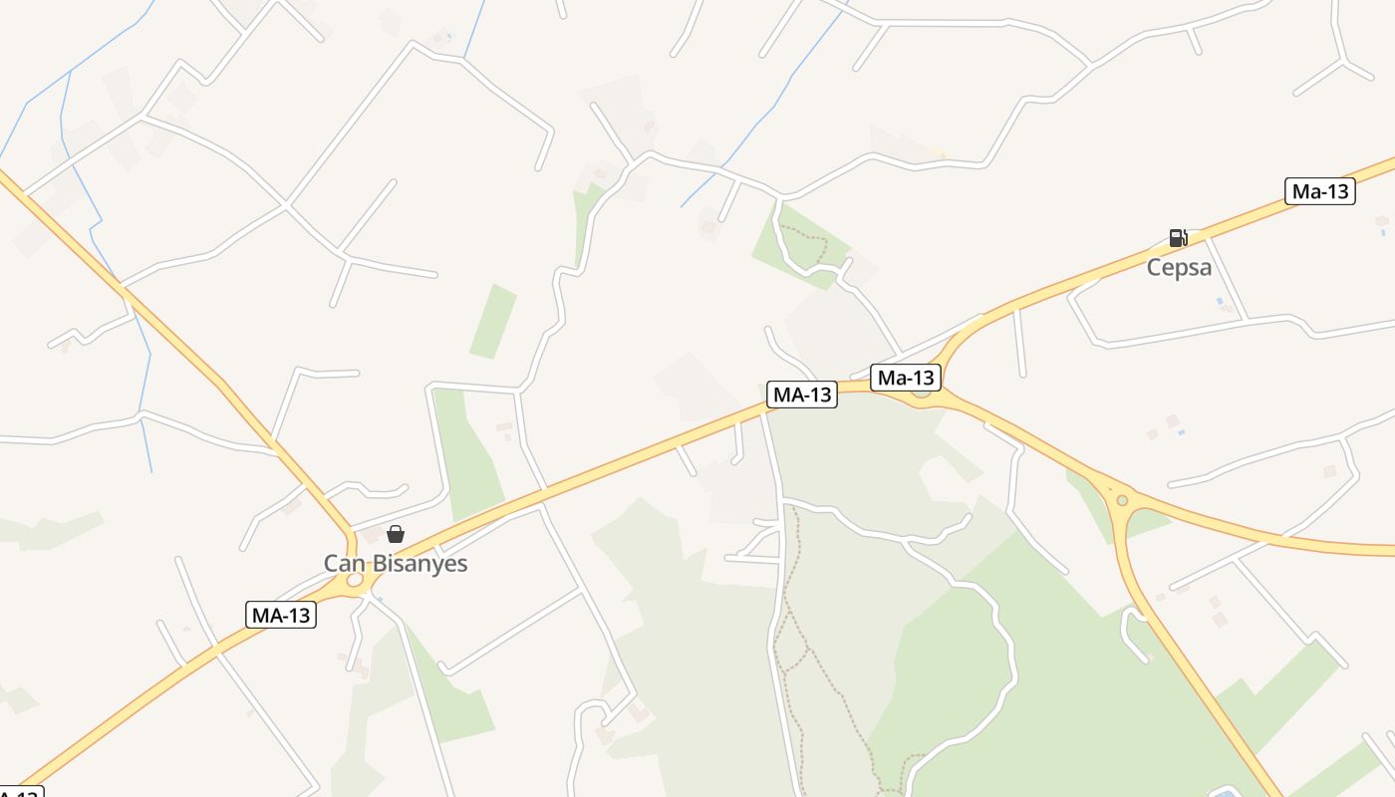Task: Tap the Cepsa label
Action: click(x=1179, y=268)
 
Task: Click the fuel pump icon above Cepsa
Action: click(x=1178, y=238)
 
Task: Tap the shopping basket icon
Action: click(x=396, y=534)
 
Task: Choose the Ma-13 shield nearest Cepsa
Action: click(x=1320, y=191)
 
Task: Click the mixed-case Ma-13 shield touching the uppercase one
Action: click(x=906, y=378)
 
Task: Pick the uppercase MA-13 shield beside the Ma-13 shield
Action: click(x=802, y=395)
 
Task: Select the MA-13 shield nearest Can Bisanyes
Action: click(x=281, y=616)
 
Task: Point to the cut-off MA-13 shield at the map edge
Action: click(x=20, y=793)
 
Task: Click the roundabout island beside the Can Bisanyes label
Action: click(x=355, y=580)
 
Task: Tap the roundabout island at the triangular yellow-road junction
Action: click(x=1122, y=500)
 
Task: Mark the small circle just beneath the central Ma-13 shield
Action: click(x=921, y=393)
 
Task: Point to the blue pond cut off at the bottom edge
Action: click(x=1224, y=792)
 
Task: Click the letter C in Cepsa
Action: click(x=1154, y=268)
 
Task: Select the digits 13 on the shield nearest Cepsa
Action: click(x=1336, y=191)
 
